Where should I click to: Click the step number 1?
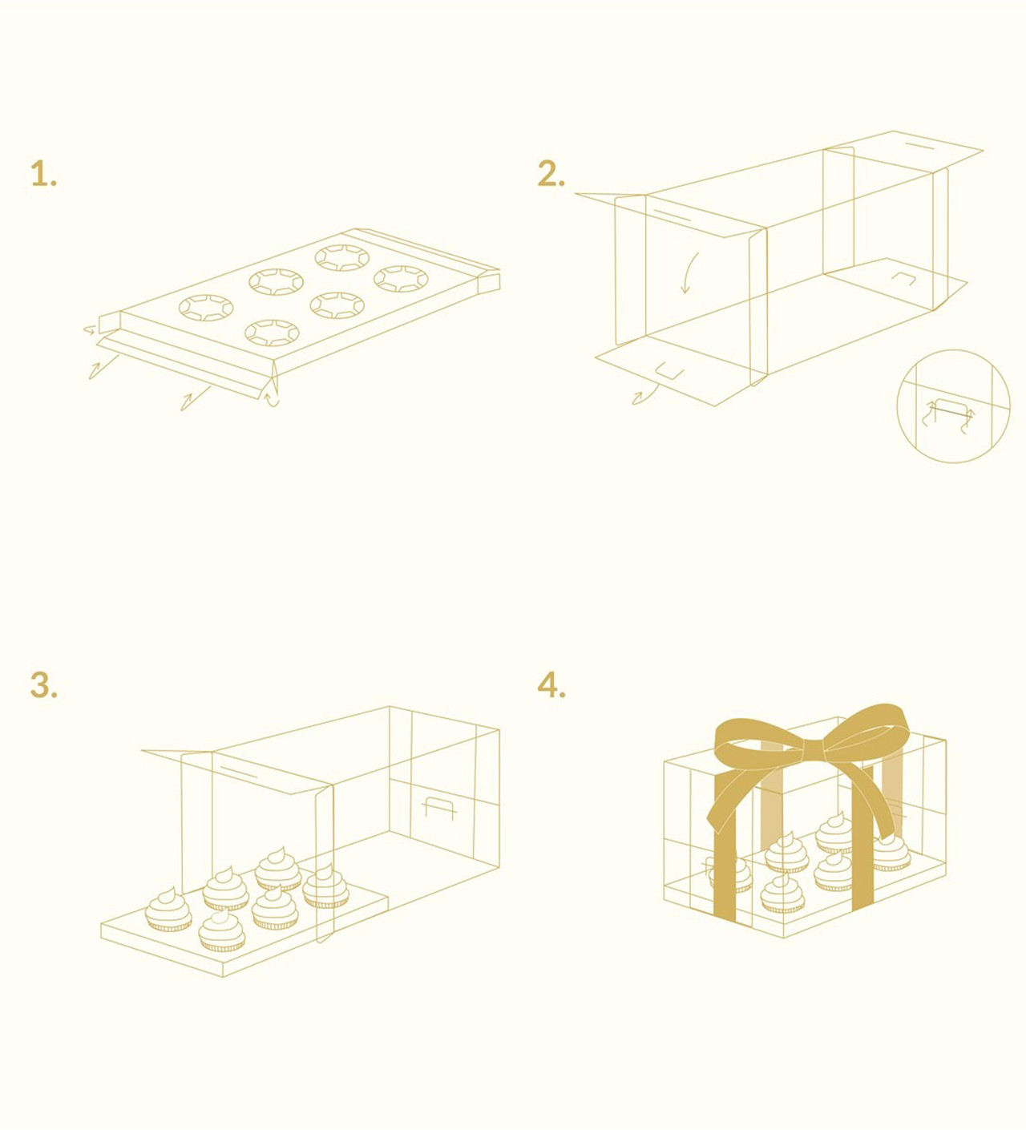43,173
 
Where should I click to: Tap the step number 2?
551,173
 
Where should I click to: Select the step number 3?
43,685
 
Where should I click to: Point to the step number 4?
551,685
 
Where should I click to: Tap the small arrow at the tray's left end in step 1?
89,329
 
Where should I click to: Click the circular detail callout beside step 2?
953,406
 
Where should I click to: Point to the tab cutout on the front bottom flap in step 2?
670,371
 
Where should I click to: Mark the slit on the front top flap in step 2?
673,216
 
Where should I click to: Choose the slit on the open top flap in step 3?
240,773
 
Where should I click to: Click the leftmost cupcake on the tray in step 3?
168,910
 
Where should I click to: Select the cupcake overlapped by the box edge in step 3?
325,886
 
